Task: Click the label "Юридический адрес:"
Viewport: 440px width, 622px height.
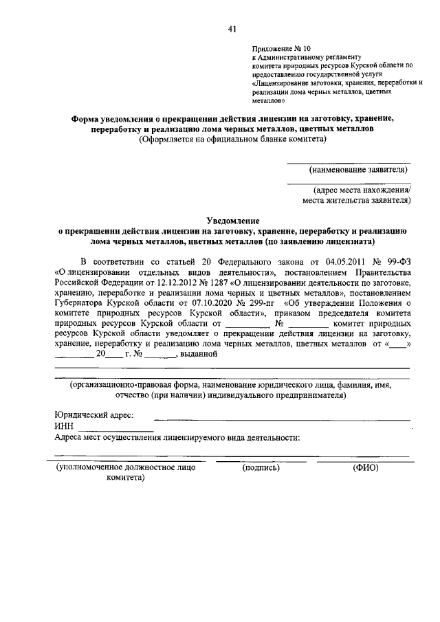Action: [x=94, y=415]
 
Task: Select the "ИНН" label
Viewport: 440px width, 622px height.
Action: [x=64, y=426]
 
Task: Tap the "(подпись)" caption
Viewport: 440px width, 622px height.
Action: [x=261, y=468]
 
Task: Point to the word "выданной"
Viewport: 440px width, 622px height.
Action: [x=198, y=354]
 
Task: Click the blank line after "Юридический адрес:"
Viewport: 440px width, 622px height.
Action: [x=282, y=419]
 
